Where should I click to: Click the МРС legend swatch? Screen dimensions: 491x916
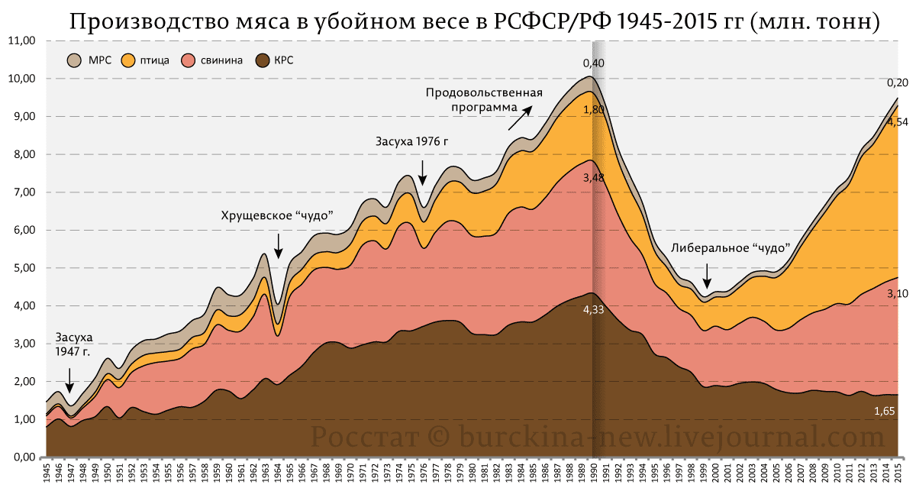coord(75,60)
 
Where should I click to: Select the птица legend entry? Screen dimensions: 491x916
coord(144,60)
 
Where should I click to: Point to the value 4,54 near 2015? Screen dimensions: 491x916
coord(898,121)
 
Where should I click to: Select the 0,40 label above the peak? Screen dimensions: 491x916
coord(593,63)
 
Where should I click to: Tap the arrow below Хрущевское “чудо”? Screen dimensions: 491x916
coord(279,246)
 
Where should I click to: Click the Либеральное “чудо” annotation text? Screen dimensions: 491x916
coord(729,247)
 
